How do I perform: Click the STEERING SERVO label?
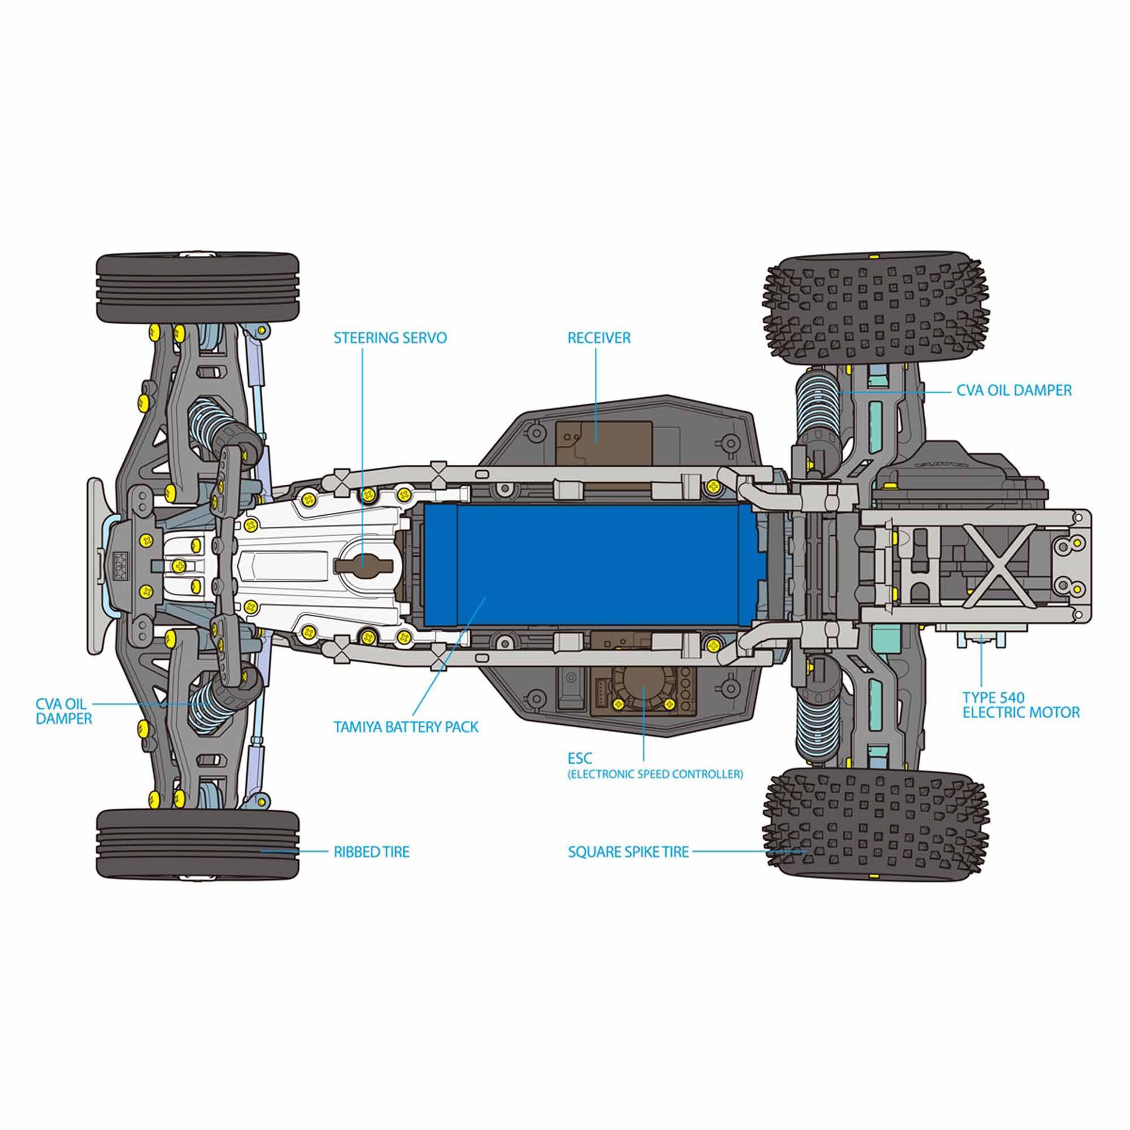[x=390, y=338]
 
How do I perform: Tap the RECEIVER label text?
[x=599, y=338]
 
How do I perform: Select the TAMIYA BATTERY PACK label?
[x=406, y=727]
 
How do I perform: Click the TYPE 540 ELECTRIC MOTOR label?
[x=1020, y=705]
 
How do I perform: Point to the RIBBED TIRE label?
[x=371, y=851]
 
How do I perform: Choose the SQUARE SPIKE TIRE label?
[x=628, y=851]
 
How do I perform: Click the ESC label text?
[x=580, y=759]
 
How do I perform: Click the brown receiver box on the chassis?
[x=602, y=438]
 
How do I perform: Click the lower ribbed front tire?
[x=197, y=842]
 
